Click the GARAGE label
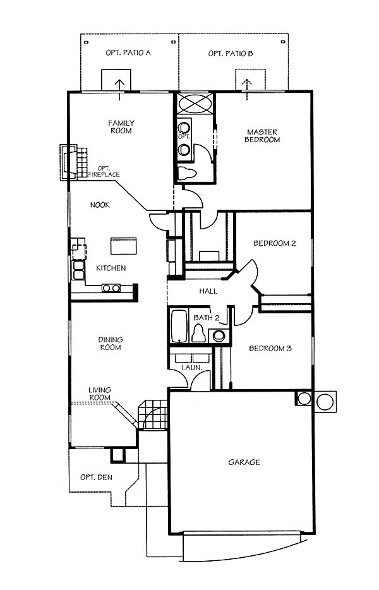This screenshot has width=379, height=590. point(244,462)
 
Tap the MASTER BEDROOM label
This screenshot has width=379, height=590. point(262,136)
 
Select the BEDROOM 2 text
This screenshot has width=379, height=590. point(274,243)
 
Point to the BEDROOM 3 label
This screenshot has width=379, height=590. point(270,349)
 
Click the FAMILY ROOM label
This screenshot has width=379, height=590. point(121,127)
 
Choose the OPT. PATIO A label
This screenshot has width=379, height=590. point(128,52)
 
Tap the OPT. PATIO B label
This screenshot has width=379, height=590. point(231,54)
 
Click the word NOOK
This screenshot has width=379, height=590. point(100,205)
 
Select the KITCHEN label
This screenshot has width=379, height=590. point(111,268)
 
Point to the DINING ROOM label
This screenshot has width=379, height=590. point(111,344)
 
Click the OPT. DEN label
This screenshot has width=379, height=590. point(96,478)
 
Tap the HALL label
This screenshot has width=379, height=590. point(208,291)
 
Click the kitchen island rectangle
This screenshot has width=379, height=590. point(123,246)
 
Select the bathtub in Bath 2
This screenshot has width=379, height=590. point(179,326)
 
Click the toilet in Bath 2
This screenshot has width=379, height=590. point(198,333)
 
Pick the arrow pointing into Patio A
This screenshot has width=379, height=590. point(121,90)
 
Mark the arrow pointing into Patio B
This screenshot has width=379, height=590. point(247,90)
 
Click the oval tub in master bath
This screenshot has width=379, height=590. point(195,103)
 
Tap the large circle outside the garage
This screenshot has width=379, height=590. point(325,402)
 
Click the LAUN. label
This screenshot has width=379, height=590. point(192,367)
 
